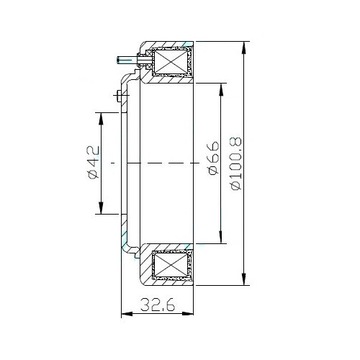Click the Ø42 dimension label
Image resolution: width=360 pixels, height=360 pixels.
click(94, 162)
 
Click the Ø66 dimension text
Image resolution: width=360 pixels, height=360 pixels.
click(213, 158)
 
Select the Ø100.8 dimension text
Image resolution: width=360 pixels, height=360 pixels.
click(236, 163)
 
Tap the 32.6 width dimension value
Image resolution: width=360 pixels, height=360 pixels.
click(157, 305)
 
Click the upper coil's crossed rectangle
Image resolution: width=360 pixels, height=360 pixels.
click(170, 62)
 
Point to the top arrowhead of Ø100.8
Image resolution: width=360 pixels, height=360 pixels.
click(244, 47)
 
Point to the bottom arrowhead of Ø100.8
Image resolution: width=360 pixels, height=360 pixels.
click(244, 279)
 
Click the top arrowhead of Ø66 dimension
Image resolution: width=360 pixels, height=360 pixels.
click(221, 89)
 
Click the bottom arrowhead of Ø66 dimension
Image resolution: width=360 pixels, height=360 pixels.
click(221, 238)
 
